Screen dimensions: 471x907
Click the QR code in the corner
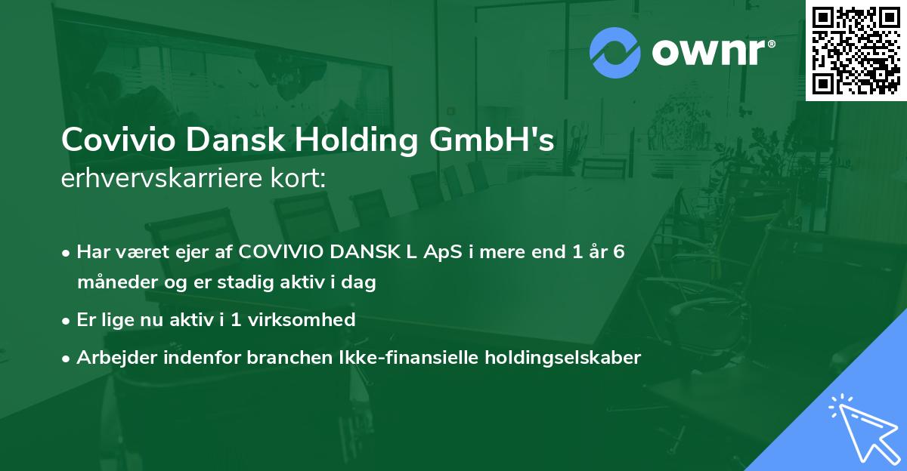(x=855, y=50)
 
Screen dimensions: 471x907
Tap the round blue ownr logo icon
(x=615, y=52)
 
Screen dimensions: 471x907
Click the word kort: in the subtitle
(x=302, y=180)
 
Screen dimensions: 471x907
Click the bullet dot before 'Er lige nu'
(x=67, y=320)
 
